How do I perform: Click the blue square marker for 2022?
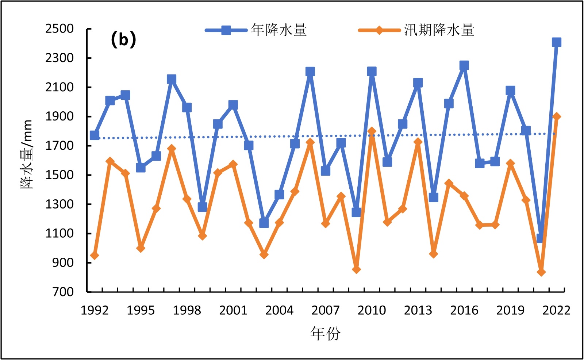(556, 42)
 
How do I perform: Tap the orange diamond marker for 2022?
(556, 116)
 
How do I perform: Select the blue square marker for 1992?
(95, 135)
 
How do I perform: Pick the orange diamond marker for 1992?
(95, 256)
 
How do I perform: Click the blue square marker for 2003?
(264, 223)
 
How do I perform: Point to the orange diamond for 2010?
(372, 131)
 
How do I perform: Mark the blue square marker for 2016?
(464, 66)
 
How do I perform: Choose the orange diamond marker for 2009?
(356, 269)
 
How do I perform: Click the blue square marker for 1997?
(172, 79)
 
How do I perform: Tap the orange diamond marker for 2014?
(433, 254)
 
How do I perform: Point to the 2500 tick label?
(59, 29)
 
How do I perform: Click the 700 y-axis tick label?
(63, 292)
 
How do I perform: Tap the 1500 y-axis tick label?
(59, 175)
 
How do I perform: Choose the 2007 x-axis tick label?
(325, 310)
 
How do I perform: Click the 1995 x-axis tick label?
(141, 310)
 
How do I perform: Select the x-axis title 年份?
(325, 333)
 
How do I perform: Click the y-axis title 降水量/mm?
(27, 154)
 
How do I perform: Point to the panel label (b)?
(123, 39)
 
